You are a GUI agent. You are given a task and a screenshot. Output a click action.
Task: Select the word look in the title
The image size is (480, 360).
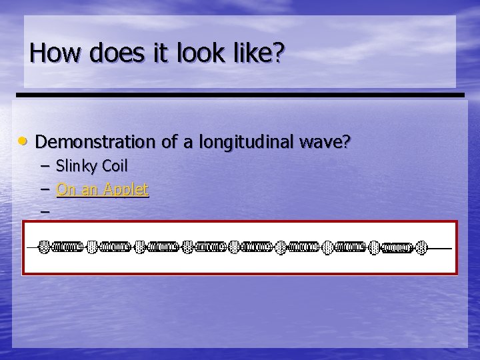click(x=201, y=53)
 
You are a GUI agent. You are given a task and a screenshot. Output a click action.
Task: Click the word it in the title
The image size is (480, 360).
click(x=161, y=53)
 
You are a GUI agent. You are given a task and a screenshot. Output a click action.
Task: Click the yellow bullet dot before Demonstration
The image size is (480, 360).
click(x=24, y=141)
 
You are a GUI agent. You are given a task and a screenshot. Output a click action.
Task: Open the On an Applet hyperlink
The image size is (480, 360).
click(x=102, y=189)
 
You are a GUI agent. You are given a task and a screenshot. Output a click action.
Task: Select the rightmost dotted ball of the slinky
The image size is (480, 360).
click(x=421, y=248)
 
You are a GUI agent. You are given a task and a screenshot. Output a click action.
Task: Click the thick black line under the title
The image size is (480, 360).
click(x=240, y=95)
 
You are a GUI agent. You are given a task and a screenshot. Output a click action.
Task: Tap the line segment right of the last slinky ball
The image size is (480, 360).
click(x=440, y=248)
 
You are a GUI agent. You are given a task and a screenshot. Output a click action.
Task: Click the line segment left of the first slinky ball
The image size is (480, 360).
click(x=33, y=247)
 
